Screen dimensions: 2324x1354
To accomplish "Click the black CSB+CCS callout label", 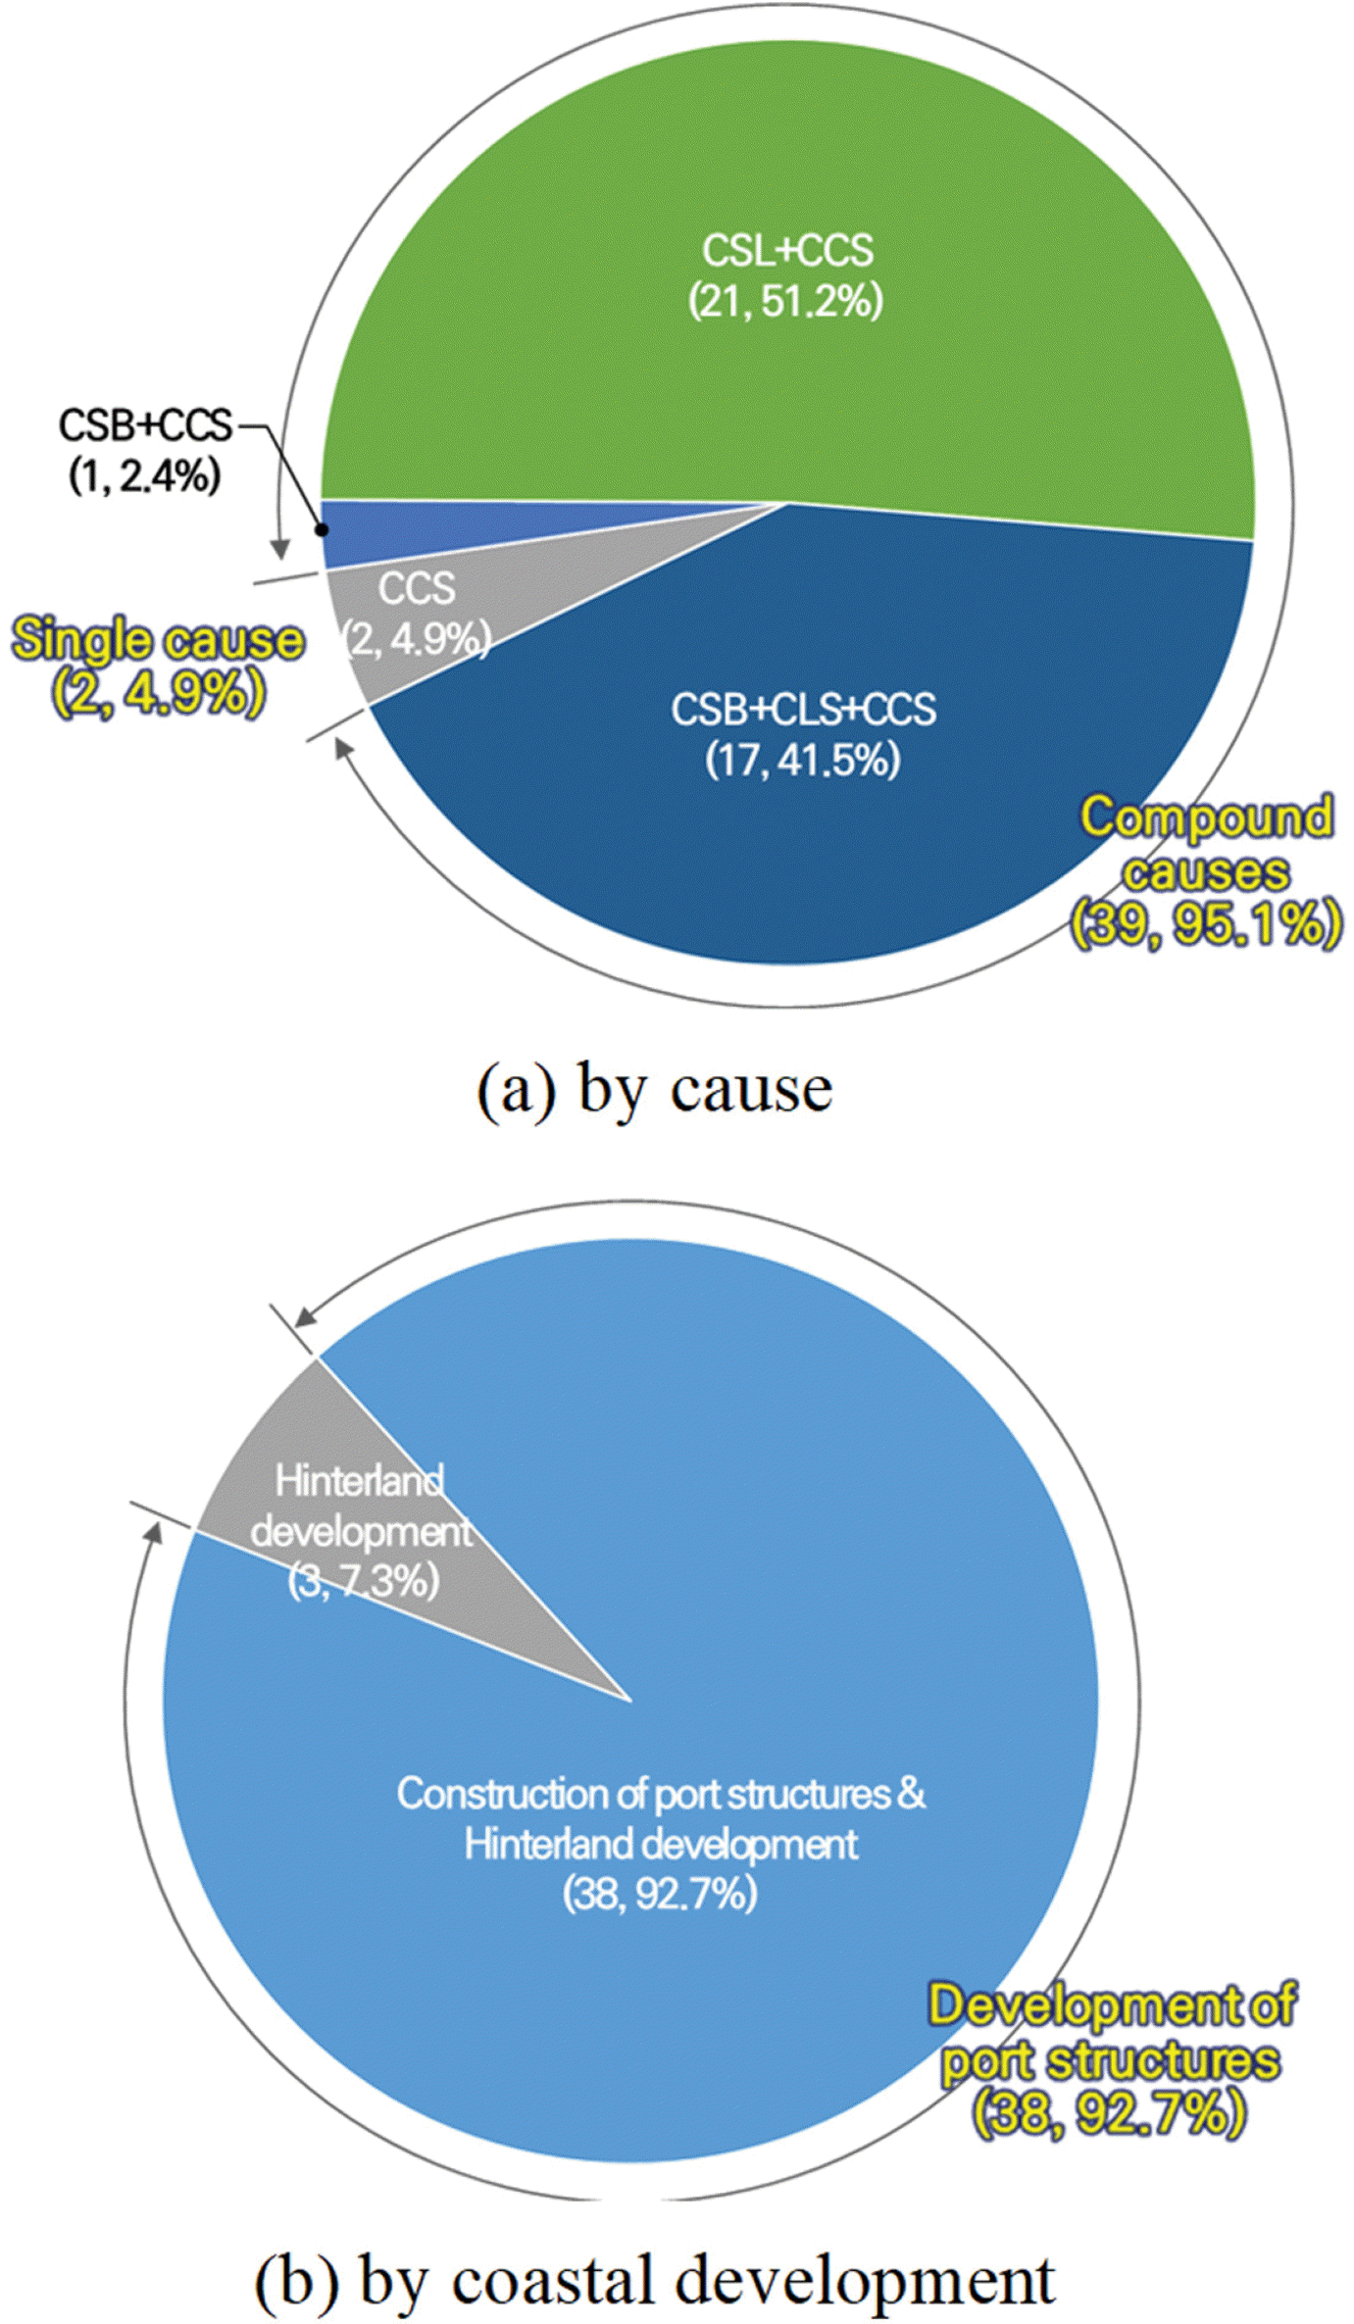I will [145, 426].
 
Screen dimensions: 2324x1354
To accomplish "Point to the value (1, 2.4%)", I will [145, 477].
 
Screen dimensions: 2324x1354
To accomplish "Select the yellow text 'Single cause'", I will [157, 640].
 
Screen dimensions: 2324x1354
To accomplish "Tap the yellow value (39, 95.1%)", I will [1205, 923].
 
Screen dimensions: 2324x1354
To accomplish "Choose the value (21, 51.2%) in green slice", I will [785, 301].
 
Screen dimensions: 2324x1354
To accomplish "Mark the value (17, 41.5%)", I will [803, 760].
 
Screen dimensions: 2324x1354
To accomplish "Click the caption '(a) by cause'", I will [654, 1090].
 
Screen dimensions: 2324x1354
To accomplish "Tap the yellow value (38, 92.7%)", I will [1109, 2112].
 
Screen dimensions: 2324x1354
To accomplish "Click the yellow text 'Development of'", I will [1113, 2005].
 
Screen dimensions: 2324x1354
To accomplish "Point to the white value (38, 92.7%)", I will [661, 1895].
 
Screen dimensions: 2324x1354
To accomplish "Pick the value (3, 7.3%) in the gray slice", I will [364, 1581].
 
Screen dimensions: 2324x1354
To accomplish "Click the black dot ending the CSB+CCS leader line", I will [321, 529].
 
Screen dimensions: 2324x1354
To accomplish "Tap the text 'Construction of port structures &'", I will [661, 1795].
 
